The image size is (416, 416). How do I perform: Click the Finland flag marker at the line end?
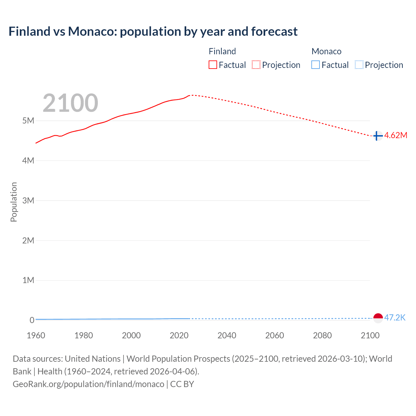point(377,136)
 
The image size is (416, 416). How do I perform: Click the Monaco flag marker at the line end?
point(378,318)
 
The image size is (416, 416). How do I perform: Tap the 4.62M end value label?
point(396,136)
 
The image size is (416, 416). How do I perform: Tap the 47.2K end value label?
point(395,318)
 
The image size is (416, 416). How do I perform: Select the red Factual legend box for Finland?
point(213,65)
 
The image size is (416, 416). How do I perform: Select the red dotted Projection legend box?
point(256,65)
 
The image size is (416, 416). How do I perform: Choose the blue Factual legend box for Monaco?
point(316,65)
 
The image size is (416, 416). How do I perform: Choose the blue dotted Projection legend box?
point(359,65)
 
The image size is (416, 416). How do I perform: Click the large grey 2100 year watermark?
point(70,103)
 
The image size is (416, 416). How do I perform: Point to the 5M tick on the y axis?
point(28,121)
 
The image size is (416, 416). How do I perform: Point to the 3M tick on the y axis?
point(28,201)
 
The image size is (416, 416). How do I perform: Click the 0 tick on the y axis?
point(32,320)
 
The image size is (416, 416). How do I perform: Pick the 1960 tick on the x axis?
point(36,335)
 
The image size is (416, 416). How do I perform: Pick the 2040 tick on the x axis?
point(227,335)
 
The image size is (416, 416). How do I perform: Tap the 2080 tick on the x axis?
point(322,335)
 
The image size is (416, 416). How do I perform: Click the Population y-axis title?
point(14,202)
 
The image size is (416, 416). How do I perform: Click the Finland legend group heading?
point(222,51)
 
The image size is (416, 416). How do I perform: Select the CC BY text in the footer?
point(182,384)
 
